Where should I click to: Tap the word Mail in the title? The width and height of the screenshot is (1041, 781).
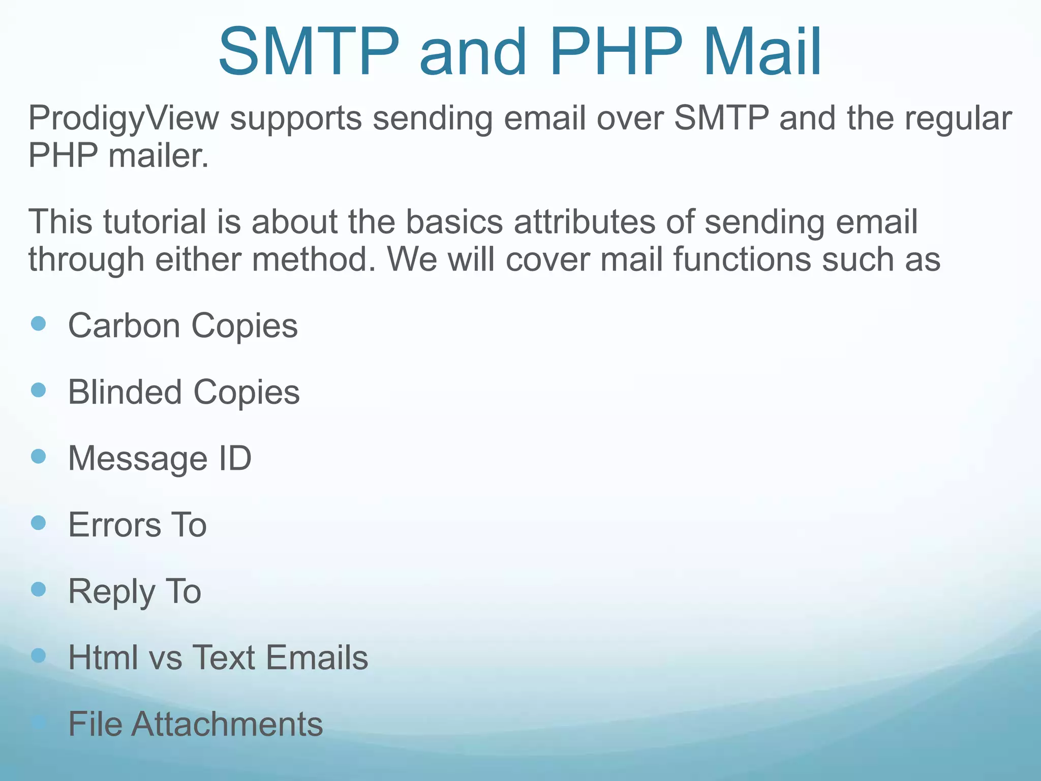762,52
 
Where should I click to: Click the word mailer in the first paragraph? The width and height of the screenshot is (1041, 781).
158,155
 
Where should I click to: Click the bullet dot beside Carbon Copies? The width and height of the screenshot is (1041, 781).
39,324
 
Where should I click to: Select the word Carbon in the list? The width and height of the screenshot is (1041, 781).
124,325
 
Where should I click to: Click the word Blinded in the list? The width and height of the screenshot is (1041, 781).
125,392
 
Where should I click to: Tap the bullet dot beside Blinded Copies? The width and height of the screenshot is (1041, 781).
39,390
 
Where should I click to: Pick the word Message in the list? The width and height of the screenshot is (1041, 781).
138,459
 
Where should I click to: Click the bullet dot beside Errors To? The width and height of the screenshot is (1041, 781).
39,523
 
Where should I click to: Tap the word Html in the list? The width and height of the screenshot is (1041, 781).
103,657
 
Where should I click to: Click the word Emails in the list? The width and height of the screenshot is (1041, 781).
317,657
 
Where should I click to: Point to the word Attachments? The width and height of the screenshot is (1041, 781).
227,724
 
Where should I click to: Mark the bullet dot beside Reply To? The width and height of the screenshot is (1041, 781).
39,589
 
